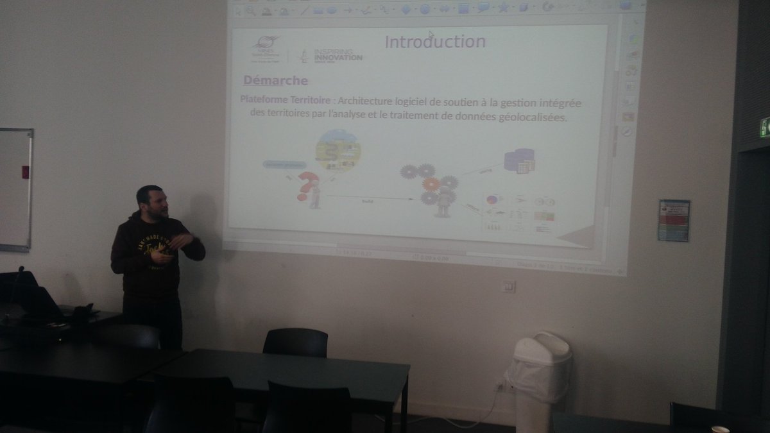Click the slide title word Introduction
[x=434, y=42]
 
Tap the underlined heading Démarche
[x=275, y=81]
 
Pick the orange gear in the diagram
[x=431, y=184]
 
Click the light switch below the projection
[x=508, y=286]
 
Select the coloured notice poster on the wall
[x=673, y=220]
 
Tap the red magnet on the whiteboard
[x=26, y=172]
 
